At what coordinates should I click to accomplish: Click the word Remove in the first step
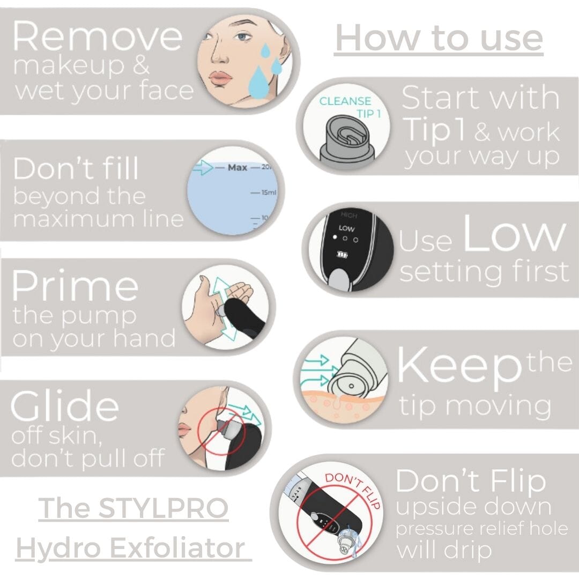tap(98, 36)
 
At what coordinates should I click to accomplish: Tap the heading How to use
tap(439, 39)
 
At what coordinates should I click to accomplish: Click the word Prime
tap(75, 285)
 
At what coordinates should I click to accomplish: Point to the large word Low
tap(514, 233)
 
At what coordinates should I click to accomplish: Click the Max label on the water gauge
tap(237, 168)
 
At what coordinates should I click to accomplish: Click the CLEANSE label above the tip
tap(345, 101)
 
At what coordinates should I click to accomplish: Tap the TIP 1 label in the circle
tap(368, 114)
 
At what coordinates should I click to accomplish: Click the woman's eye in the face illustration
tap(242, 37)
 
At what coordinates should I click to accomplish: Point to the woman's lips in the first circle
tap(221, 78)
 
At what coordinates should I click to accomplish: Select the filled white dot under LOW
tap(335, 237)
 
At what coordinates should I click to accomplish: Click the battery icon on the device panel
tap(342, 255)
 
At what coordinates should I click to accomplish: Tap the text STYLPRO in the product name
tap(163, 508)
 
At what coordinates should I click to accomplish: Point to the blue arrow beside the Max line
tap(203, 168)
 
